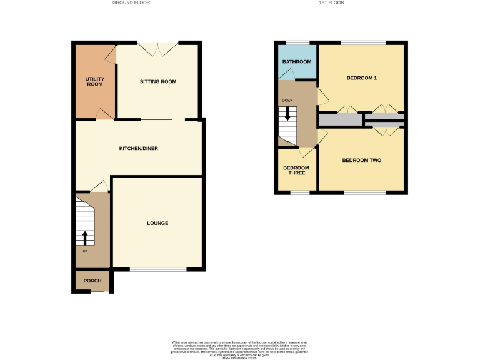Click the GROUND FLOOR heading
pos(131,3)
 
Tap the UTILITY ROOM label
pos(94,81)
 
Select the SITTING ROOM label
pos(157,82)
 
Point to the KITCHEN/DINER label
pos(139,148)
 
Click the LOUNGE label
pos(157,223)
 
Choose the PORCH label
pos(92,281)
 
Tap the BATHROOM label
pos(296,62)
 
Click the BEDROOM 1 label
pos(362,78)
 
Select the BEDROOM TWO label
pos(361,161)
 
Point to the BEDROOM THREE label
pos(296,170)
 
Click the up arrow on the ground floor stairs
pos(86,237)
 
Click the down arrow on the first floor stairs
pos(287,114)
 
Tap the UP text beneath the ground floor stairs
pos(85,251)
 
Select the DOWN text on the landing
pos(287,100)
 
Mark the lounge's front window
pos(158,269)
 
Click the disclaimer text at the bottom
pos(240,350)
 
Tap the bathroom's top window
pos(296,42)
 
